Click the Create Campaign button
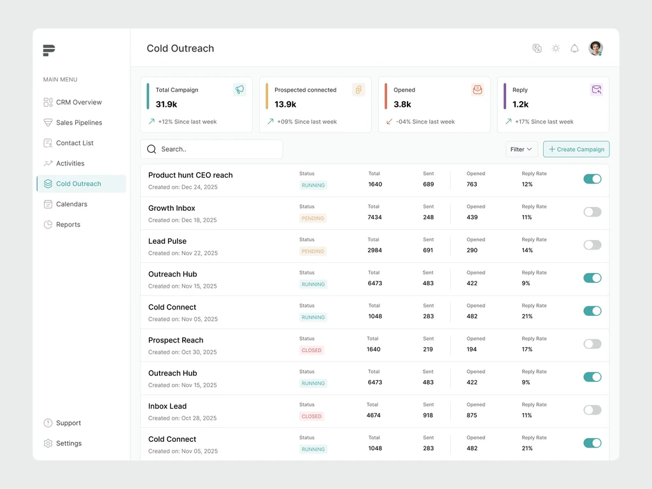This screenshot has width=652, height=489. pyautogui.click(x=576, y=149)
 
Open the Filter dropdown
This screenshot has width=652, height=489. pyautogui.click(x=521, y=149)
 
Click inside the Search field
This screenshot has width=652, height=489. pyautogui.click(x=211, y=149)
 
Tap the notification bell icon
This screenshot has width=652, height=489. pyautogui.click(x=574, y=48)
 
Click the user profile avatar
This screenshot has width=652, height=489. pyautogui.click(x=595, y=48)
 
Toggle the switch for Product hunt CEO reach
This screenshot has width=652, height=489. pyautogui.click(x=592, y=179)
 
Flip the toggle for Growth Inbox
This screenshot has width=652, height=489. pyautogui.click(x=592, y=212)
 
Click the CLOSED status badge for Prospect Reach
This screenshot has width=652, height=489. pyautogui.click(x=311, y=351)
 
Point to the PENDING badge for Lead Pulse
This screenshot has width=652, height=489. pyautogui.click(x=313, y=252)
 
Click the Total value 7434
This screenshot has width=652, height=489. pyautogui.click(x=374, y=217)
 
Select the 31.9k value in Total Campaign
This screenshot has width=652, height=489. pyautogui.click(x=166, y=104)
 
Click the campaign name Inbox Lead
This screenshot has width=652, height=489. pyautogui.click(x=167, y=406)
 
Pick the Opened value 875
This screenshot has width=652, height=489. pyautogui.click(x=472, y=415)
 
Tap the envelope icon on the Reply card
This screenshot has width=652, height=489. pyautogui.click(x=596, y=90)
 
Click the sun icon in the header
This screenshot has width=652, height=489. pyautogui.click(x=555, y=48)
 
